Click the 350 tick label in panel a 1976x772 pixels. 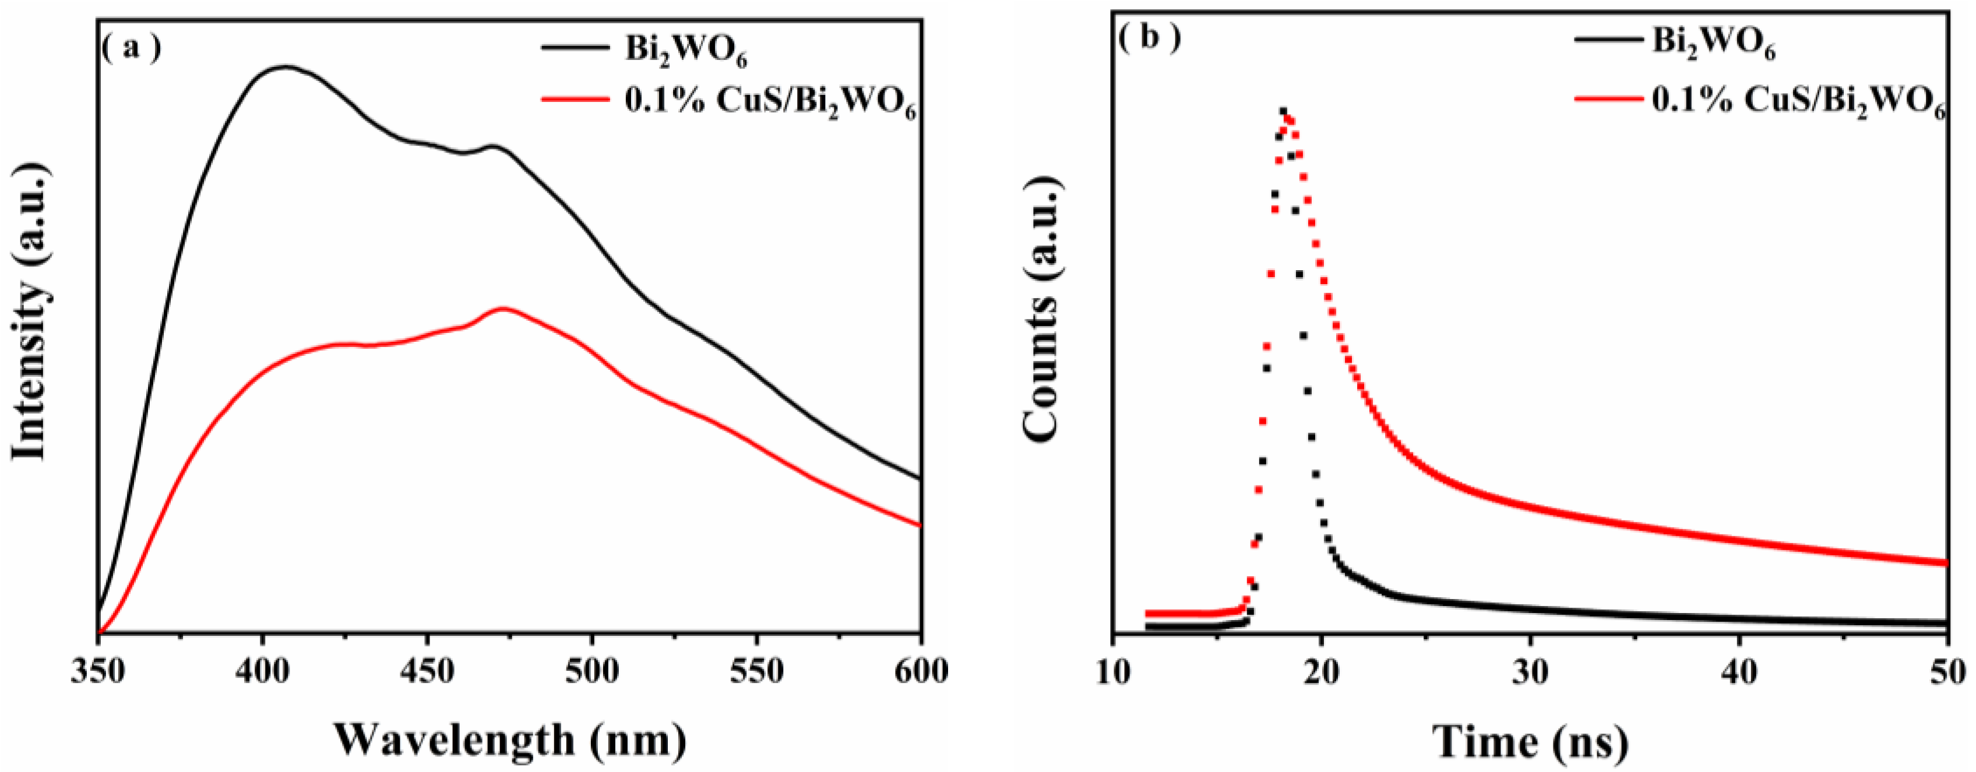[x=98, y=672]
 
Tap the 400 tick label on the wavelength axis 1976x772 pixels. [x=263, y=672]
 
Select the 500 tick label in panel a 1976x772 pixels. [x=591, y=672]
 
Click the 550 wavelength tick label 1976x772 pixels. [x=756, y=672]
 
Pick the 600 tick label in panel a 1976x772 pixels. [x=921, y=672]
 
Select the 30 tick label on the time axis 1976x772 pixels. [x=1530, y=672]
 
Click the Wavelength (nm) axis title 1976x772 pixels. [x=510, y=740]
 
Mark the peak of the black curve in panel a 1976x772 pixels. [x=286, y=67]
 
